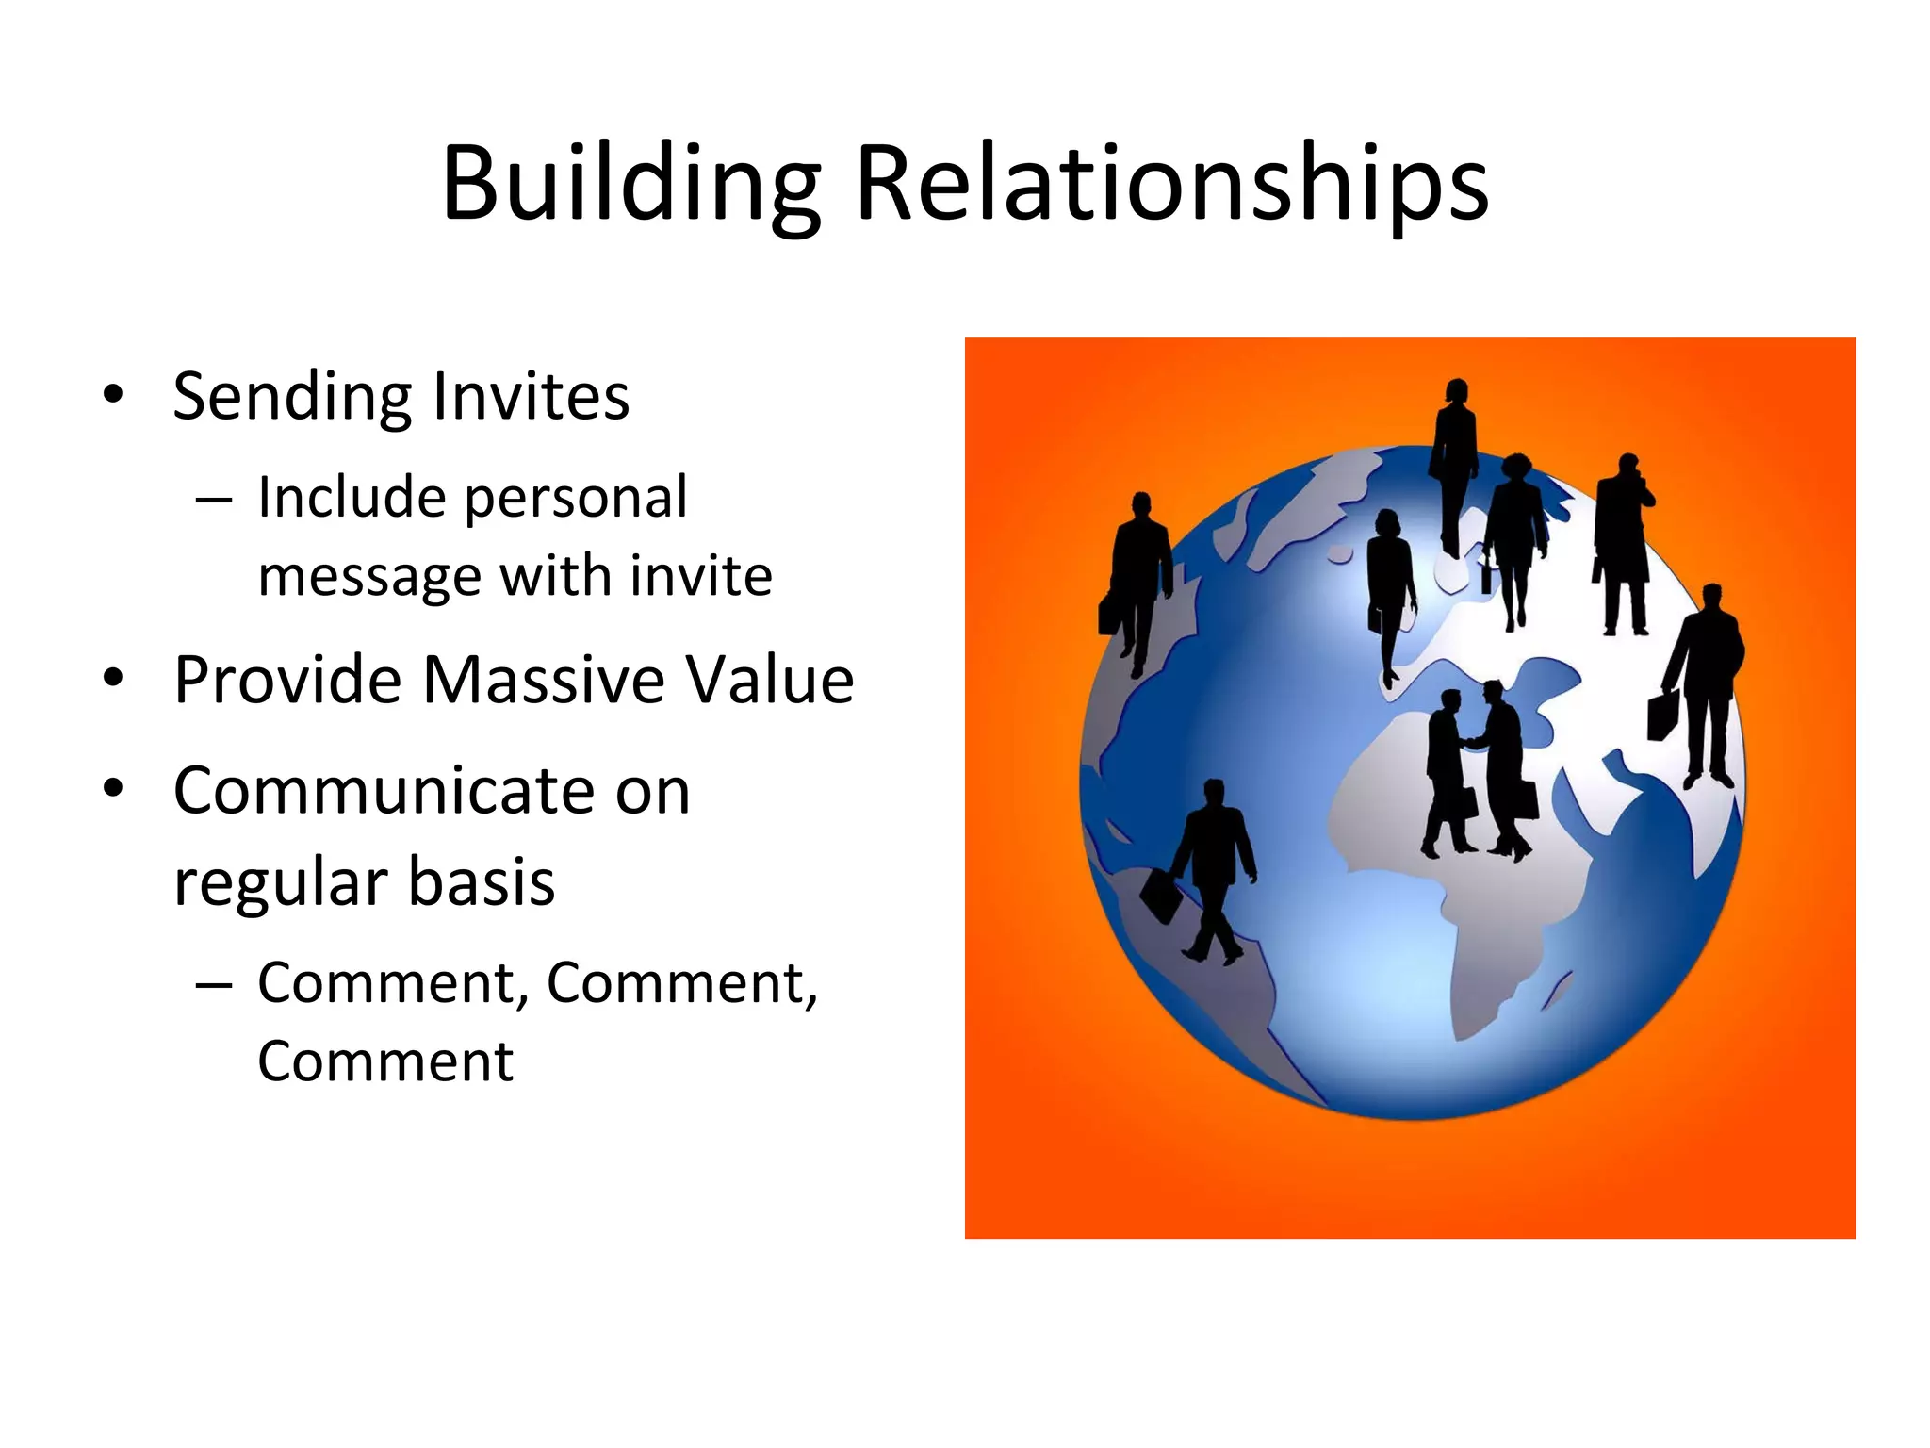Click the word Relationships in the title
pos(1172,184)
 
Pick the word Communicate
pos(432,790)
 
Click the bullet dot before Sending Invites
pos(113,394)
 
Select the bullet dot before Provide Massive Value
pos(113,678)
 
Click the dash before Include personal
pos(214,499)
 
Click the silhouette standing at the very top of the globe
pos(1454,462)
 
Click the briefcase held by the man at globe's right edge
pos(1663,716)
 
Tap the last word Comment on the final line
pos(385,1062)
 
